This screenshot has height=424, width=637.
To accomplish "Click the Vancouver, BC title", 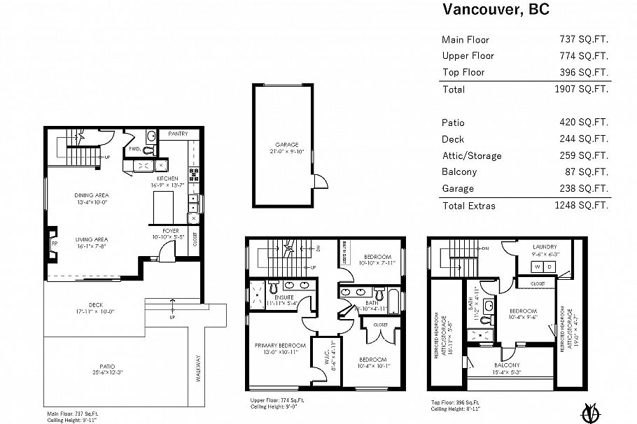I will click(495, 10).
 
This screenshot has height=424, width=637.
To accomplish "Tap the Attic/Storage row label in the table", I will click(471, 155).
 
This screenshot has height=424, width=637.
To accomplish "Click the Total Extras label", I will click(468, 206).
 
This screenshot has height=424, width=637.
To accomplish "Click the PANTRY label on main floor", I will click(178, 133).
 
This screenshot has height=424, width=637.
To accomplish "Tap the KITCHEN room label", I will click(168, 178).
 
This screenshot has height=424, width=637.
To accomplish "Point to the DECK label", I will click(96, 304).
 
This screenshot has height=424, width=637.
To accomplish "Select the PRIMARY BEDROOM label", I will click(280, 346).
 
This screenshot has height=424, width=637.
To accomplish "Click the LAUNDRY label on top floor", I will click(544, 247).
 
